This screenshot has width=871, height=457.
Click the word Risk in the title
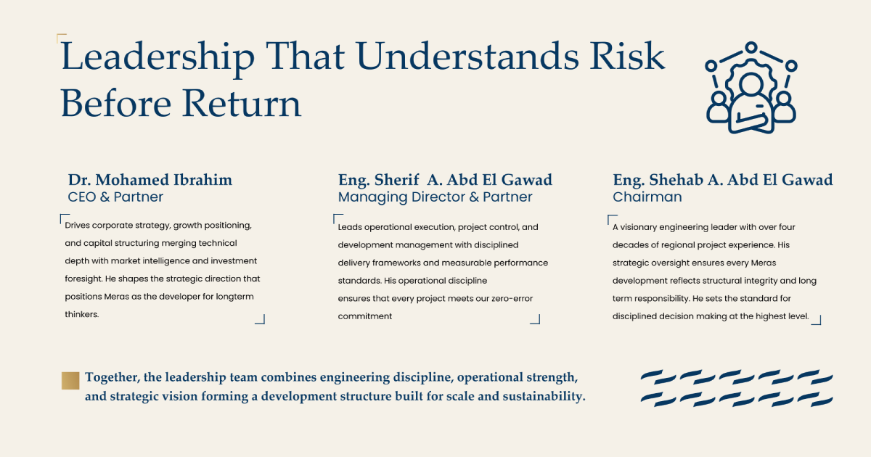627,57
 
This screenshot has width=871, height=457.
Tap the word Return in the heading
242,103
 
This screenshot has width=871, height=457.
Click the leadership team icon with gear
751,88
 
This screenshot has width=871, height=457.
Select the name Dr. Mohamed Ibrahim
150,180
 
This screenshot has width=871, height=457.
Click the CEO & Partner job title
115,197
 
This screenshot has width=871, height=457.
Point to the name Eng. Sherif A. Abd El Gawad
445,180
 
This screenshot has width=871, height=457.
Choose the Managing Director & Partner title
435,197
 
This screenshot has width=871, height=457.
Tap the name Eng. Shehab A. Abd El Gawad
723,180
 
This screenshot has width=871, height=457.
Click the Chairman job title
647,197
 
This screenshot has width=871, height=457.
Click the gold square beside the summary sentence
70,380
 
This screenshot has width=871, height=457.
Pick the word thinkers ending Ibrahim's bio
81,314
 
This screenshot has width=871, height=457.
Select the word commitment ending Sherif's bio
364,316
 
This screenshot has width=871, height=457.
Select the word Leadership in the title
158,57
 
